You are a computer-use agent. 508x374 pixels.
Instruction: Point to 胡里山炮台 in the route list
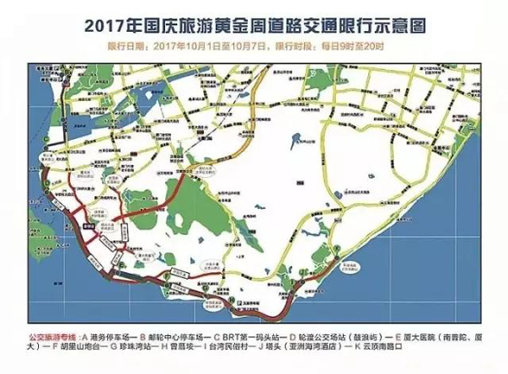tap(80, 346)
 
